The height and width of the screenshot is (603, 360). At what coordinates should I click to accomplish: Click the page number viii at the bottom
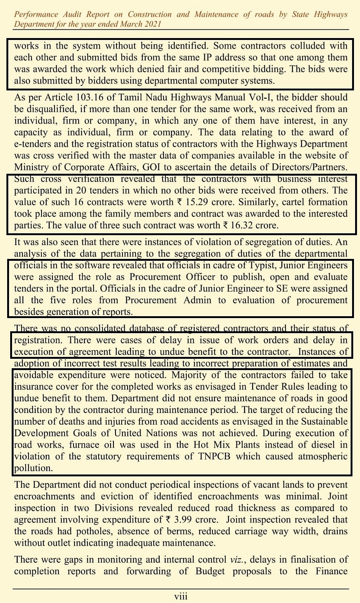coord(180,596)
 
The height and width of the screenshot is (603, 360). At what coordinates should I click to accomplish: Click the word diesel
coord(325,445)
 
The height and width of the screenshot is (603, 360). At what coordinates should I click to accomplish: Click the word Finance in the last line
coord(331,571)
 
